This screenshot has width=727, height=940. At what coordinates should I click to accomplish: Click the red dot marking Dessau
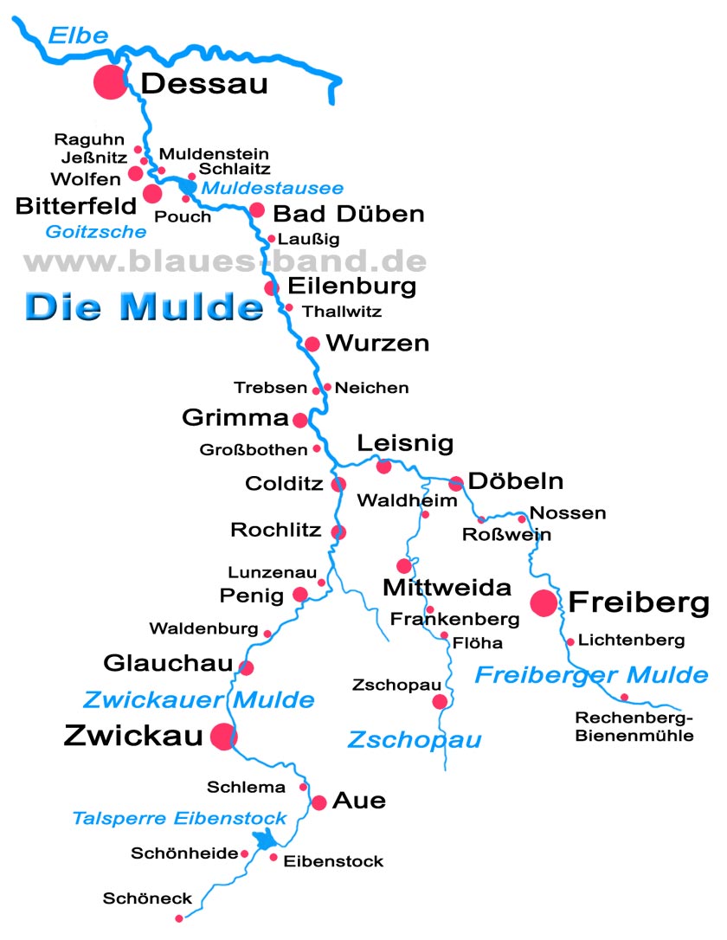coord(111,82)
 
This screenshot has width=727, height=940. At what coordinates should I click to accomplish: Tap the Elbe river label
coord(78,35)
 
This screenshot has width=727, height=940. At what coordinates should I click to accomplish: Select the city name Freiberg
coord(639,602)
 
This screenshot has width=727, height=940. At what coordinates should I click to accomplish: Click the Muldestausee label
coord(272,188)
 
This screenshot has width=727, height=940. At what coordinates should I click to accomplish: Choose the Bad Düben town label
coord(348,214)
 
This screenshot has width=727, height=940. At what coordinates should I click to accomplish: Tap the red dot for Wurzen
coord(312,344)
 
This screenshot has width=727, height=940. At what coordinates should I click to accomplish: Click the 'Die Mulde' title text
coord(143,306)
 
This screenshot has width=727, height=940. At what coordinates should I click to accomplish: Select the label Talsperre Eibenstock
coord(179,818)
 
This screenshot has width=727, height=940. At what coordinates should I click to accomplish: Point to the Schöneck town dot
coord(179,918)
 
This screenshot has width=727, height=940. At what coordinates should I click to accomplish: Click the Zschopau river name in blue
coord(415,740)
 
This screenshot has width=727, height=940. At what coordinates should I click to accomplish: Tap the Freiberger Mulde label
coord(591,675)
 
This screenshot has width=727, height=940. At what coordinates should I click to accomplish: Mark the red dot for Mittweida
coord(403,566)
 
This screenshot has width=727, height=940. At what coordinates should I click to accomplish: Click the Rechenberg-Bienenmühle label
coord(634,727)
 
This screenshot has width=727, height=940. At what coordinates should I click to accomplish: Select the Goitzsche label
coord(96,232)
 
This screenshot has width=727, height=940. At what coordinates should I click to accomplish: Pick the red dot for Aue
coord(319,802)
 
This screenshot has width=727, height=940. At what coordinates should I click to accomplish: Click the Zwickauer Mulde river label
coord(198,699)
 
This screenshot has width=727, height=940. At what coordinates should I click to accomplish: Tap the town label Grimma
coord(235,418)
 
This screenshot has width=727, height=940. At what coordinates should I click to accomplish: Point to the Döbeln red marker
coord(456,483)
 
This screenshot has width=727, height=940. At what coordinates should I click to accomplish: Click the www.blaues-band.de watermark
coord(225,261)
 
